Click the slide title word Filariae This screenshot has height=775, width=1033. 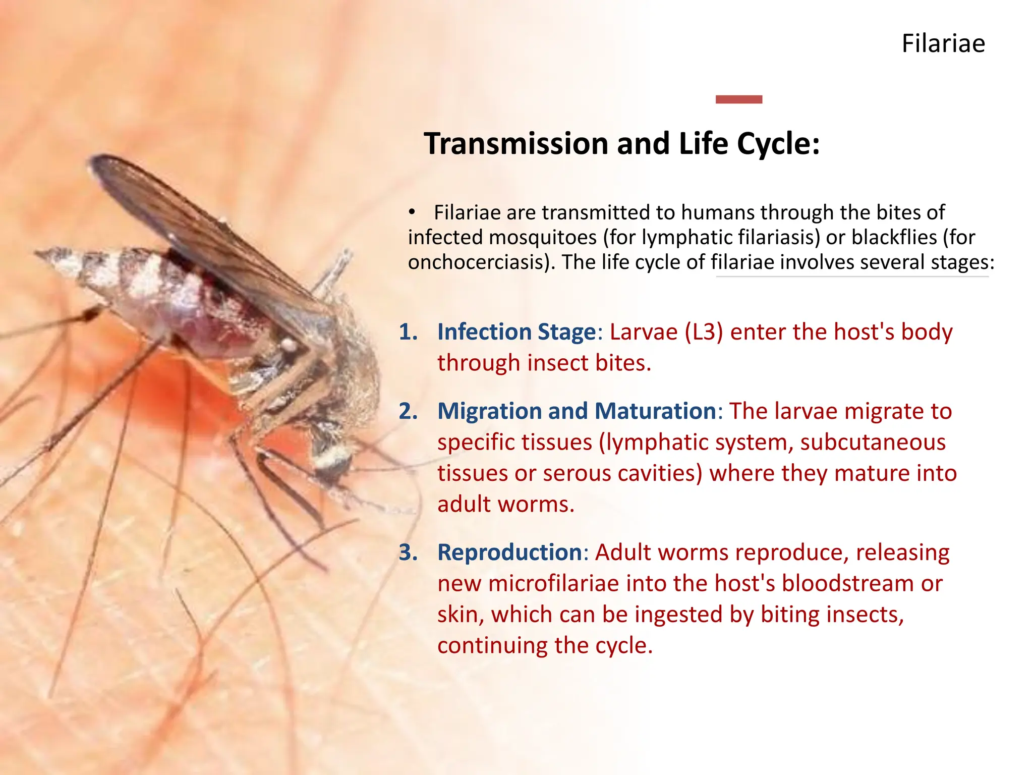(x=943, y=43)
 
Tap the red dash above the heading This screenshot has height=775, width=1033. (x=738, y=99)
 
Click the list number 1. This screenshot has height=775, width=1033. (x=408, y=333)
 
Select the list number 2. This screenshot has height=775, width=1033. (x=408, y=412)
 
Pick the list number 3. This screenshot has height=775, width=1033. (x=408, y=553)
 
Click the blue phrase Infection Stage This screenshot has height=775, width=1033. (x=516, y=333)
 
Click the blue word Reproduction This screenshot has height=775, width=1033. (x=509, y=553)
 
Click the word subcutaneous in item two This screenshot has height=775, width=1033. (x=872, y=442)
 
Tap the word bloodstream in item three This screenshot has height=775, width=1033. (x=847, y=584)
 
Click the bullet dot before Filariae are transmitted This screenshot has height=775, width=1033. (x=412, y=212)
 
